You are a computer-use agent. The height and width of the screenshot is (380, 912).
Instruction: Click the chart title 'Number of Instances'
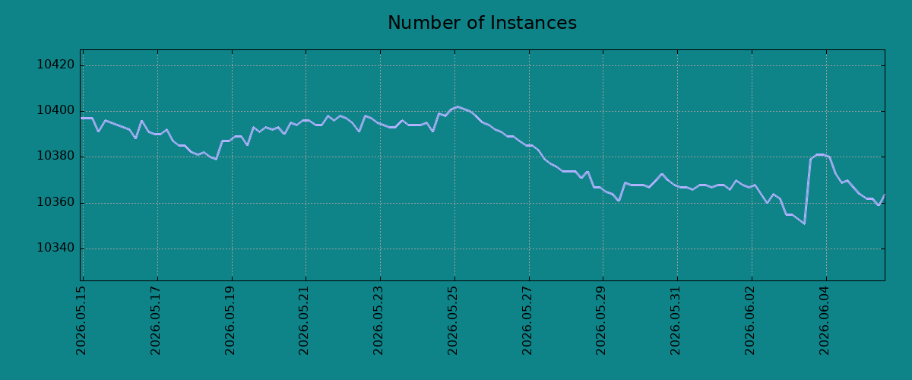click(482, 23)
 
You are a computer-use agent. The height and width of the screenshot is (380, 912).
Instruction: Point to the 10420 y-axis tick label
click(55, 65)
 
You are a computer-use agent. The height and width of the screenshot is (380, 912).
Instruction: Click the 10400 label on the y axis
click(55, 110)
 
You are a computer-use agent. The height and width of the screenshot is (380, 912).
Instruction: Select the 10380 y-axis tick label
click(55, 156)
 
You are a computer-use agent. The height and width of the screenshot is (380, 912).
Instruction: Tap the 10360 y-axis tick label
click(55, 202)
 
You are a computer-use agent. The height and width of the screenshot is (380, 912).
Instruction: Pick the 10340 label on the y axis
click(55, 248)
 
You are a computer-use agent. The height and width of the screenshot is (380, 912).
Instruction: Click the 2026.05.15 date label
click(81, 321)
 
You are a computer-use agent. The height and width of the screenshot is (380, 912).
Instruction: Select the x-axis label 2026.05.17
click(156, 321)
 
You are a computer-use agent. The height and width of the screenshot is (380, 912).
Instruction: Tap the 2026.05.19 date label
click(230, 321)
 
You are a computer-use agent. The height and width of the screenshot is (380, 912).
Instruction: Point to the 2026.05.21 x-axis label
click(304, 321)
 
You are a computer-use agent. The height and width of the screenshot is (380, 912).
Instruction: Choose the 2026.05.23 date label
click(378, 321)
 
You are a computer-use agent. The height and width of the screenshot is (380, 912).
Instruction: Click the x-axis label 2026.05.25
click(453, 321)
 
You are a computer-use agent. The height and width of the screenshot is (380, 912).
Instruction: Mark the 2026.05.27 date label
click(527, 321)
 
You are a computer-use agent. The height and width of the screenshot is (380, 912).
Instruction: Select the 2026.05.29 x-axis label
click(601, 321)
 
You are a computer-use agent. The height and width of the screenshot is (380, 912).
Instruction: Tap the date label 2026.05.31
click(676, 321)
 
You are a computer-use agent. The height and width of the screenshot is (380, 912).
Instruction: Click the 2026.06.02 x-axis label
click(750, 321)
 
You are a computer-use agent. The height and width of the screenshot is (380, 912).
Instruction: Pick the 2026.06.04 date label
click(825, 321)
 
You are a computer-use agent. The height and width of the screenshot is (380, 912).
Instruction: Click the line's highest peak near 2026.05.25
click(458, 106)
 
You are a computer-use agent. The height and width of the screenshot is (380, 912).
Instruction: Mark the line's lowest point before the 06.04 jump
click(805, 223)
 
